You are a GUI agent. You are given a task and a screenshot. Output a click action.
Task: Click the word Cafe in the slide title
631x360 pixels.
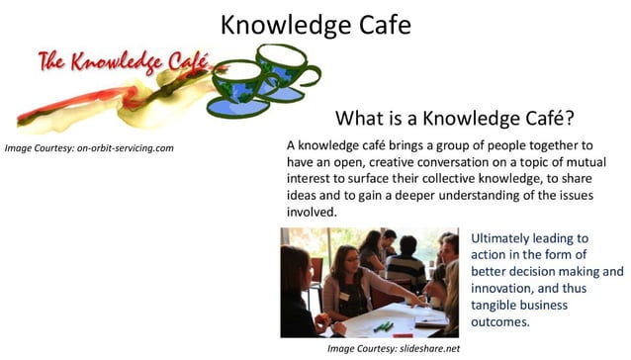pos(377,23)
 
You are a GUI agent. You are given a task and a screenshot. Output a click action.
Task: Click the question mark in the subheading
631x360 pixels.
pos(570,120)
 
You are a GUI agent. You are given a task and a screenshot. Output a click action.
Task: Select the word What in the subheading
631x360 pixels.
pos(361,120)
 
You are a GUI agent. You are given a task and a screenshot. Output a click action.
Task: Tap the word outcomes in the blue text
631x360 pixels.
pos(504,321)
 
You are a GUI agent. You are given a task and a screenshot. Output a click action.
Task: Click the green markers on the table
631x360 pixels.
pos(383,325)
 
